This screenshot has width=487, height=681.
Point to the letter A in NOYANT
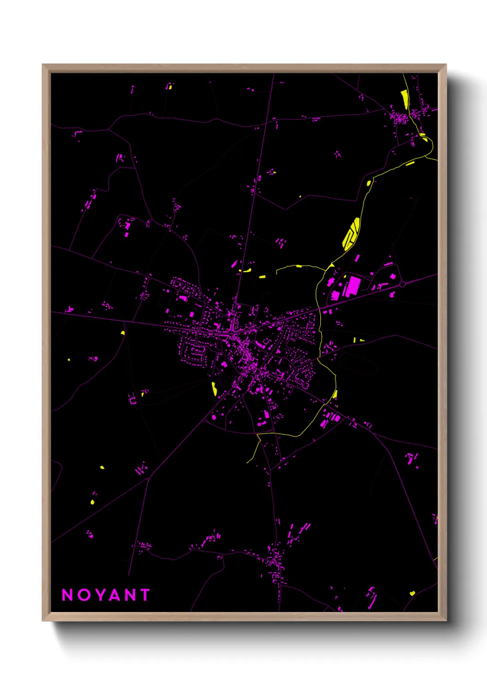point(117,595)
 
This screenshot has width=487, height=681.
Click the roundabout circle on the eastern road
point(402,284)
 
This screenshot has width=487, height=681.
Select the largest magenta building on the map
point(353,286)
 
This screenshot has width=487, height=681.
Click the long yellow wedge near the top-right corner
point(405,99)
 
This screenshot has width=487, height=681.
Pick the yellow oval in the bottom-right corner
point(412,593)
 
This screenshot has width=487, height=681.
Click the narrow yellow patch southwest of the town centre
point(214,388)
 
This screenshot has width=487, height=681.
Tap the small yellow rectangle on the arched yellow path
point(299,266)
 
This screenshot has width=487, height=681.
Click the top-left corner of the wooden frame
point(43,65)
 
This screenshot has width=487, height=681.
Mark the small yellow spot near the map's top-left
point(169,87)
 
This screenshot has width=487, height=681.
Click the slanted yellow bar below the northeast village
point(410,163)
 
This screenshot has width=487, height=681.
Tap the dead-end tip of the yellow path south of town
point(247,462)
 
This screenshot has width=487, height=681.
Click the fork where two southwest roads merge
point(148,479)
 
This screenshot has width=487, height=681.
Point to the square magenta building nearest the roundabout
point(393,277)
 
